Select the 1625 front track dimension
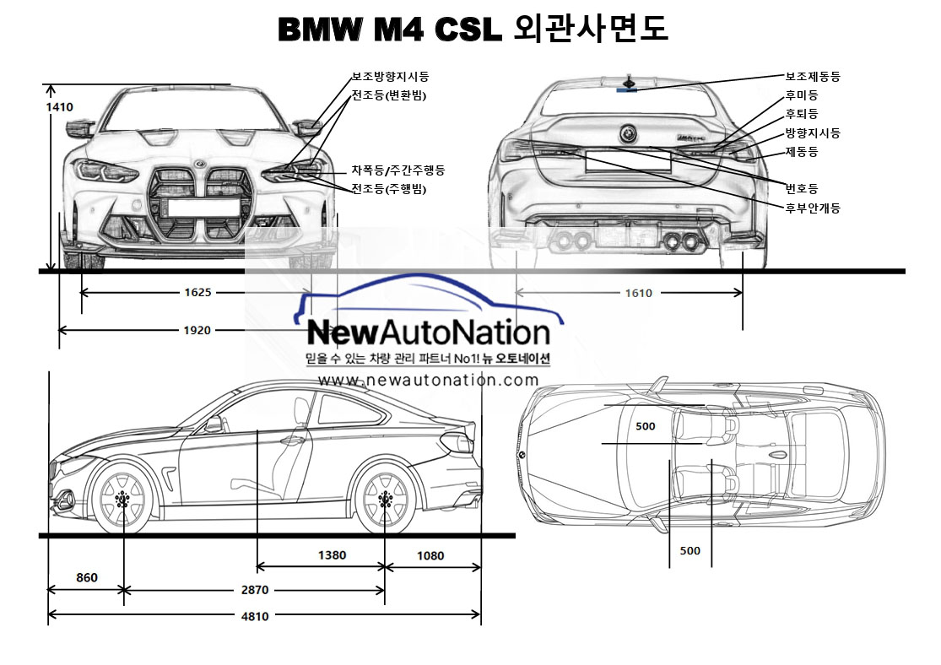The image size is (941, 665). coord(197,293)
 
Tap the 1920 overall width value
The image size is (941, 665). coord(197,330)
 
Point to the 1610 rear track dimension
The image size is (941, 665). coord(638,293)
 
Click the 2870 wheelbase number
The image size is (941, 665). coord(256,591)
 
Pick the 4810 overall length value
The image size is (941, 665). coord(256,616)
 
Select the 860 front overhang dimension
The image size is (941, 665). coord(87,578)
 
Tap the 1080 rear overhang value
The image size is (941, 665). coord(430,556)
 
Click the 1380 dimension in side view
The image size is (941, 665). coord(332,556)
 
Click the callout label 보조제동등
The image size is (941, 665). coord(813,77)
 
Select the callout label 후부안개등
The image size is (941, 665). coord(813,208)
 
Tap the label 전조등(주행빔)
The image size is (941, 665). coord(389,189)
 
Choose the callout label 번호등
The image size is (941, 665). coord(801,188)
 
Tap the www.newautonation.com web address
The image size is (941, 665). coord(429,381)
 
